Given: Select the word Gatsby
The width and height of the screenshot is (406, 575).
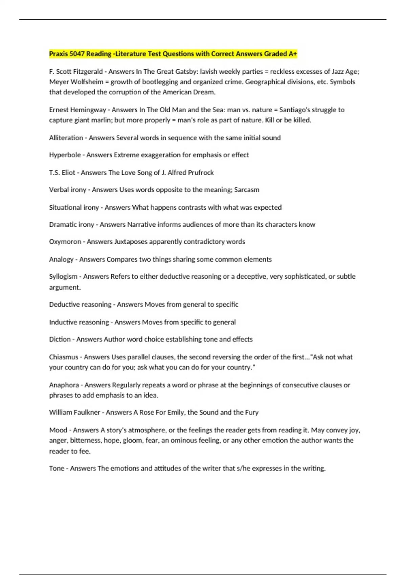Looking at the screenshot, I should [186, 72].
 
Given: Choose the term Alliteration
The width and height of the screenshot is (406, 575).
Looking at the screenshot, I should [66, 138].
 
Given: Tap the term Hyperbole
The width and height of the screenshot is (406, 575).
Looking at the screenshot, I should [65, 155].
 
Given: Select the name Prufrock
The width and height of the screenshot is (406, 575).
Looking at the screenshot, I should [201, 172].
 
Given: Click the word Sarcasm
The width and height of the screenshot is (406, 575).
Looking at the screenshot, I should [247, 190].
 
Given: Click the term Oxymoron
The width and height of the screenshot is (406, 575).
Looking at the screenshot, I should [65, 242].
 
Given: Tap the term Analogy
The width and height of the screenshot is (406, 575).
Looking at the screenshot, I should [61, 259].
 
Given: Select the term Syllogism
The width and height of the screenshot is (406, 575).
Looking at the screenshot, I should [63, 277].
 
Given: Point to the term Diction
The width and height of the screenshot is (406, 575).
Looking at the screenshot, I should [60, 339].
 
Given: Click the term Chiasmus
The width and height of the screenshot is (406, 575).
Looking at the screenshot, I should [64, 357].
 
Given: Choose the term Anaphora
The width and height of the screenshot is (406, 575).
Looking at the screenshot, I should [64, 385].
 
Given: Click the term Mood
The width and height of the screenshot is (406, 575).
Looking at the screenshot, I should [58, 430].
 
